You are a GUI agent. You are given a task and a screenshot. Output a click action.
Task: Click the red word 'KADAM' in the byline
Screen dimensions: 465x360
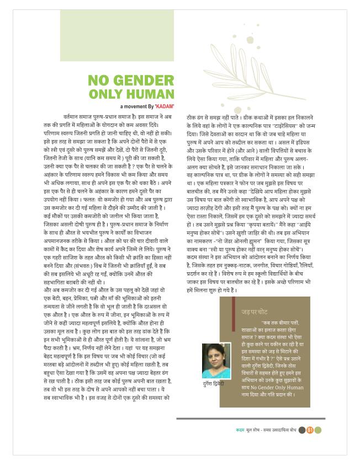[x=165, y=105]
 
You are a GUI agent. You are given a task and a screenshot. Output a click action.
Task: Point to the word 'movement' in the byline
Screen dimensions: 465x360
[x=136, y=105]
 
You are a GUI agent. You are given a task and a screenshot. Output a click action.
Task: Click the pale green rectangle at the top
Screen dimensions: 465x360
[x=117, y=35]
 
